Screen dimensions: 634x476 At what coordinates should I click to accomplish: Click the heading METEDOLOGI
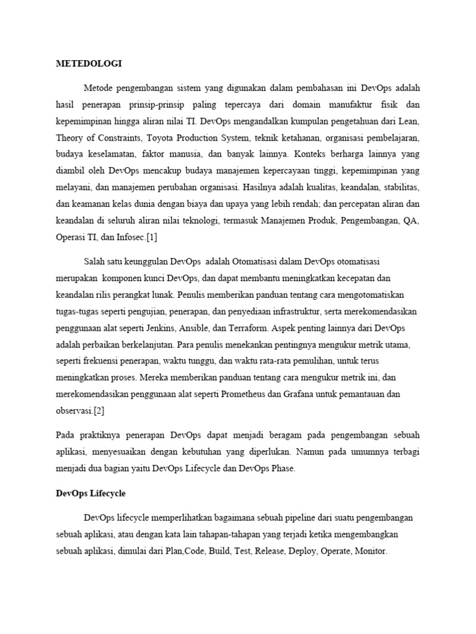click(89, 63)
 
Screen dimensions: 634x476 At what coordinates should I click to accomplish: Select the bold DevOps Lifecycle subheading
click(90, 493)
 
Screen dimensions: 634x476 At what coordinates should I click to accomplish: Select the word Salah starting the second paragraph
click(95, 261)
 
